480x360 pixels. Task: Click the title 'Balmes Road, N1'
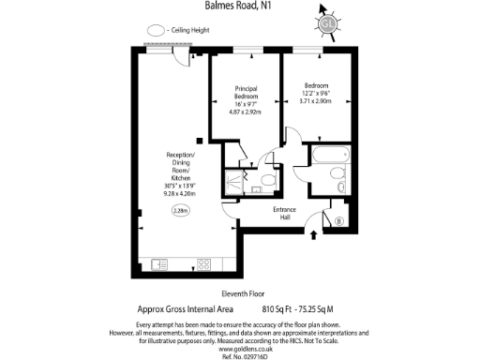tap(240, 6)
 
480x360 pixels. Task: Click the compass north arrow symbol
tap(327, 23)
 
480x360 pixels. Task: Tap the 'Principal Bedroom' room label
tap(246, 93)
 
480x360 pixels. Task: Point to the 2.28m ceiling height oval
tap(180, 212)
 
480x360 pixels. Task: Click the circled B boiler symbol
tap(337, 222)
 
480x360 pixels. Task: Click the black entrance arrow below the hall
tap(312, 233)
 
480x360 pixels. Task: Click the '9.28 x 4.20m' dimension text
tap(180, 192)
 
